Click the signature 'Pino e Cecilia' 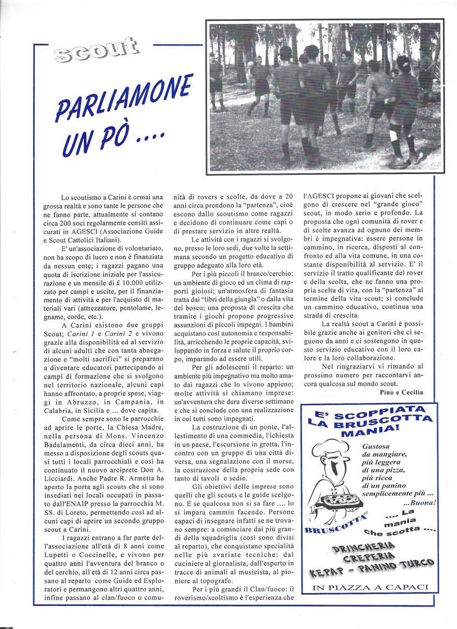[x=397, y=392]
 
